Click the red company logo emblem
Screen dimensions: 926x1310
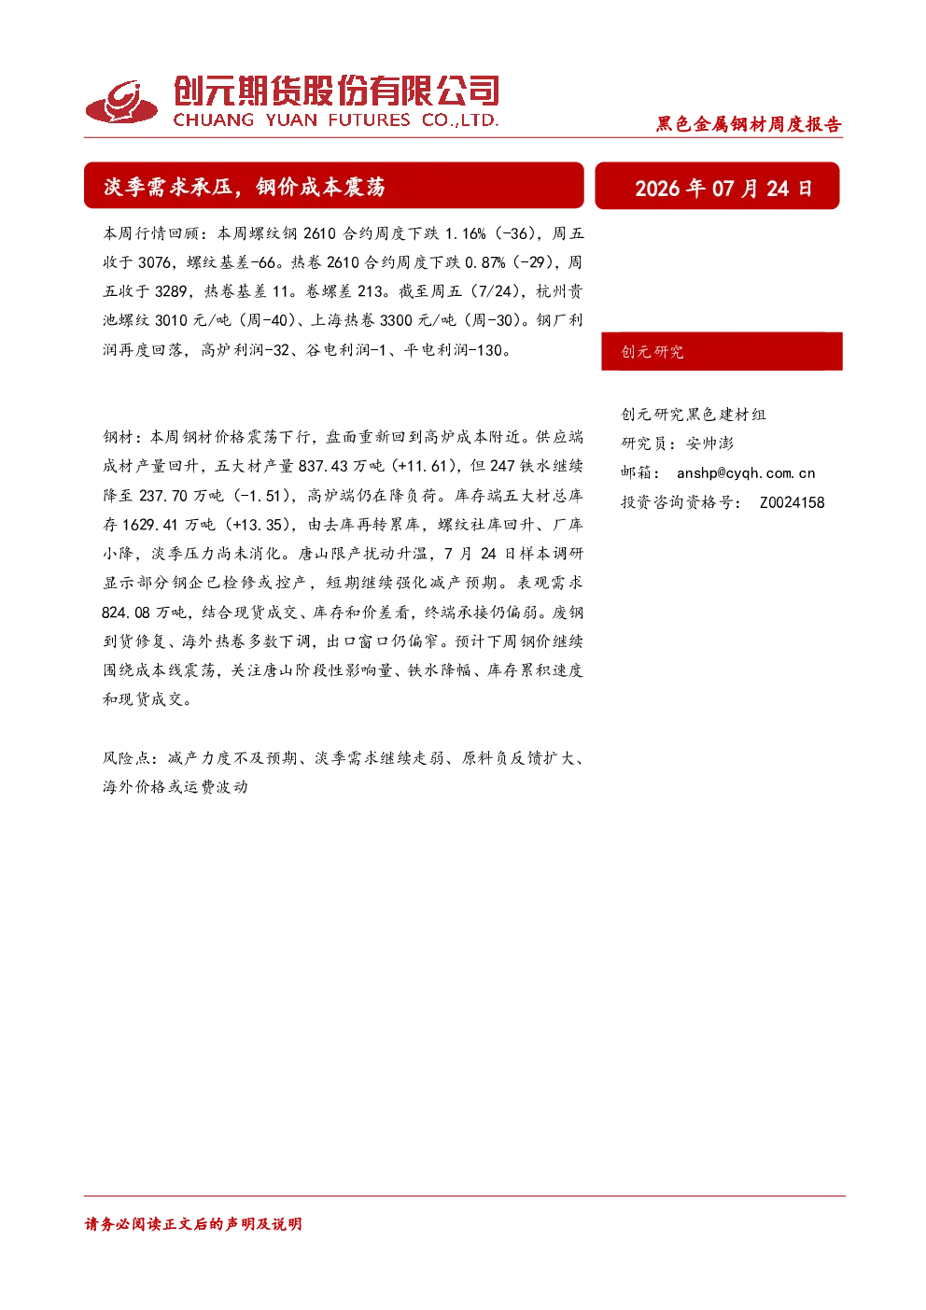tap(121, 102)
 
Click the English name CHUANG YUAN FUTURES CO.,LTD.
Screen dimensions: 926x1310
tap(335, 120)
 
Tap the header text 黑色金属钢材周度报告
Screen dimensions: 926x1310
tap(749, 124)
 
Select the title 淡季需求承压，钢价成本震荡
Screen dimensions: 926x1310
tap(245, 187)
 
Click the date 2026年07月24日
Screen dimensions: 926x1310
tap(723, 189)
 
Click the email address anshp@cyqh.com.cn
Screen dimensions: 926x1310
tap(745, 473)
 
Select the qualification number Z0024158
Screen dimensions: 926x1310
tap(793, 502)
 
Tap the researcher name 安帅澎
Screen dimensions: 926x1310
tap(709, 444)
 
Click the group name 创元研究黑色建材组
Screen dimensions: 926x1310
tap(694, 415)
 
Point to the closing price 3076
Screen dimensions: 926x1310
tap(154, 262)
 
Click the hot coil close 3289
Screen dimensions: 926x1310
tap(171, 291)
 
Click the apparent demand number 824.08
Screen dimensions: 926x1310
tap(126, 613)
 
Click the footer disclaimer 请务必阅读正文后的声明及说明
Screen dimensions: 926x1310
tap(193, 1224)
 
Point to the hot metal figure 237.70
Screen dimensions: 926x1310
tap(163, 496)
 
